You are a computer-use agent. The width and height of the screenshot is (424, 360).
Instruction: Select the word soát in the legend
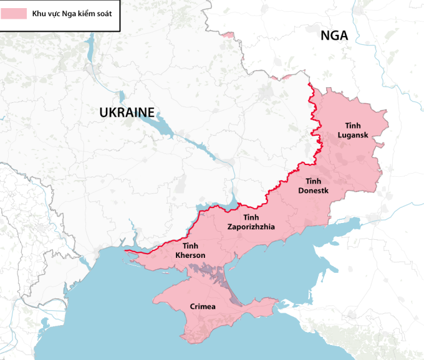point(104,13)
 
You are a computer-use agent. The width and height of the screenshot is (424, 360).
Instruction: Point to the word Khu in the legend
point(40,13)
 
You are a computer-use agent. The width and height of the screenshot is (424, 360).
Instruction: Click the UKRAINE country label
point(127,113)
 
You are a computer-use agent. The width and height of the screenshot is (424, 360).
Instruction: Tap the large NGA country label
point(334,36)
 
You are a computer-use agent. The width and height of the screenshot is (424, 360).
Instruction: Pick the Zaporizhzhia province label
point(251,222)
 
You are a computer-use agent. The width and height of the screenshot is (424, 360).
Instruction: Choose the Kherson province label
point(191,250)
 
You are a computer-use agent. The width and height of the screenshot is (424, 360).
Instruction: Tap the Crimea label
point(203,306)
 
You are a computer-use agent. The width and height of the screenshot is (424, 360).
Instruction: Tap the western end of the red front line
point(127,252)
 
